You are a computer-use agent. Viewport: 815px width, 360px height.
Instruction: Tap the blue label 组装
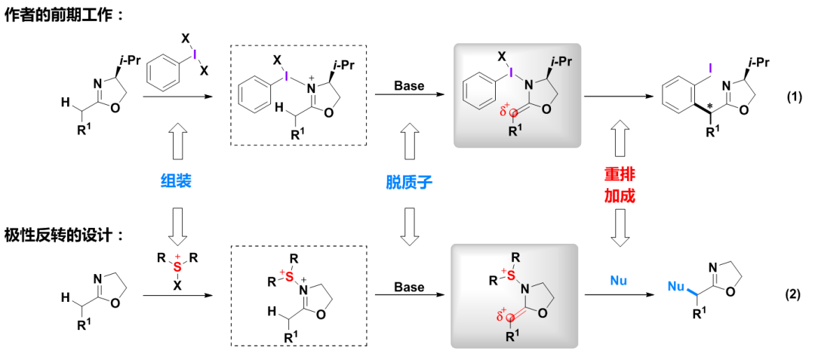pos(174,181)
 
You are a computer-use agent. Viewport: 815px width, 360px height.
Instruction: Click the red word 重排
pos(619,172)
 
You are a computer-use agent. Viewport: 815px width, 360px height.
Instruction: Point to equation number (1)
pos(794,97)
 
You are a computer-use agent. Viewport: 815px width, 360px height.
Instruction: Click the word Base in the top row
pos(409,85)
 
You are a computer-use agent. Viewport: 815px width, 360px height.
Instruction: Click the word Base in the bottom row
pos(409,288)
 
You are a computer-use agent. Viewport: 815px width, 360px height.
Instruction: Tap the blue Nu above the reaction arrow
pos(617,280)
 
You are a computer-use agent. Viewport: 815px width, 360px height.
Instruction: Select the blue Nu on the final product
pos(675,286)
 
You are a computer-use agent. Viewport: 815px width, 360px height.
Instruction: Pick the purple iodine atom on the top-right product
pos(709,68)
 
